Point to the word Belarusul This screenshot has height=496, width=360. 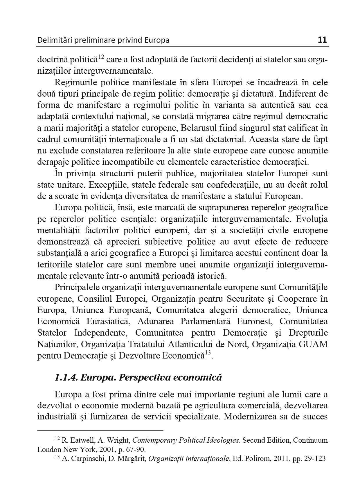coord(200,128)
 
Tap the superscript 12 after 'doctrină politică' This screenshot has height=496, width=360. coord(101,57)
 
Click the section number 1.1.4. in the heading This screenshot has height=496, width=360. coord(66,378)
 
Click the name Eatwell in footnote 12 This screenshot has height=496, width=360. coord(82,440)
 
